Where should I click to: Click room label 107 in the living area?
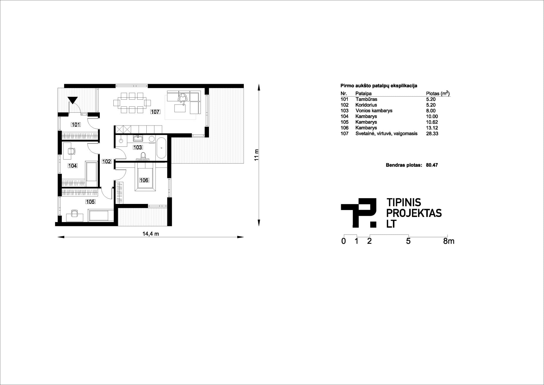pyautogui.click(x=155, y=112)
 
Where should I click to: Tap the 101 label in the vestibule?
pyautogui.click(x=76, y=124)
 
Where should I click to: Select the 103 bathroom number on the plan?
pyautogui.click(x=138, y=147)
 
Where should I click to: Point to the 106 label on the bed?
pyautogui.click(x=144, y=180)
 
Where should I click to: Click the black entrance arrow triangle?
pyautogui.click(x=73, y=99)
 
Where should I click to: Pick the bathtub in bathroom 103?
pyautogui.click(x=161, y=148)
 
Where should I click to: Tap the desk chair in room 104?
pyautogui.click(x=71, y=151)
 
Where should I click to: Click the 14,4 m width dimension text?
pyautogui.click(x=151, y=234)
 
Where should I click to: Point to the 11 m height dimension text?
pyautogui.click(x=256, y=155)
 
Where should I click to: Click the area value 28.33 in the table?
pyautogui.click(x=432, y=133)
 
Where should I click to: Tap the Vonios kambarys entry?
pyautogui.click(x=374, y=111)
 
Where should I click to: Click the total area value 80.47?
pyautogui.click(x=432, y=165)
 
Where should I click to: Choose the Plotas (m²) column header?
pyautogui.click(x=438, y=93)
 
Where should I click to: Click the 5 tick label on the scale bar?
pyautogui.click(x=408, y=241)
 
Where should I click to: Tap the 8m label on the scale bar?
pyautogui.click(x=449, y=241)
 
